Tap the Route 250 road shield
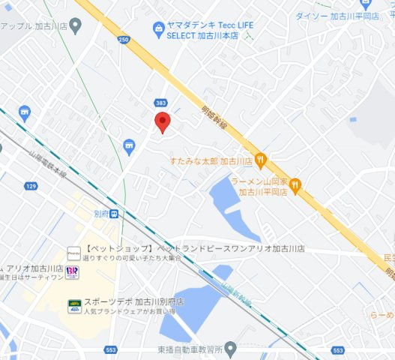123,39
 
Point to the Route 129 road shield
31,185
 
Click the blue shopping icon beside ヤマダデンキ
158,30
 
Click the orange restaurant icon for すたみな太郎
260,159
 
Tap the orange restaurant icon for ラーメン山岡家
296,184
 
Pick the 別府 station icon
113,214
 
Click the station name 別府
100,214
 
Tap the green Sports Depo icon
74,305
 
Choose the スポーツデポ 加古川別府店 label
133,301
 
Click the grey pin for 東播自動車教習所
231,349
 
